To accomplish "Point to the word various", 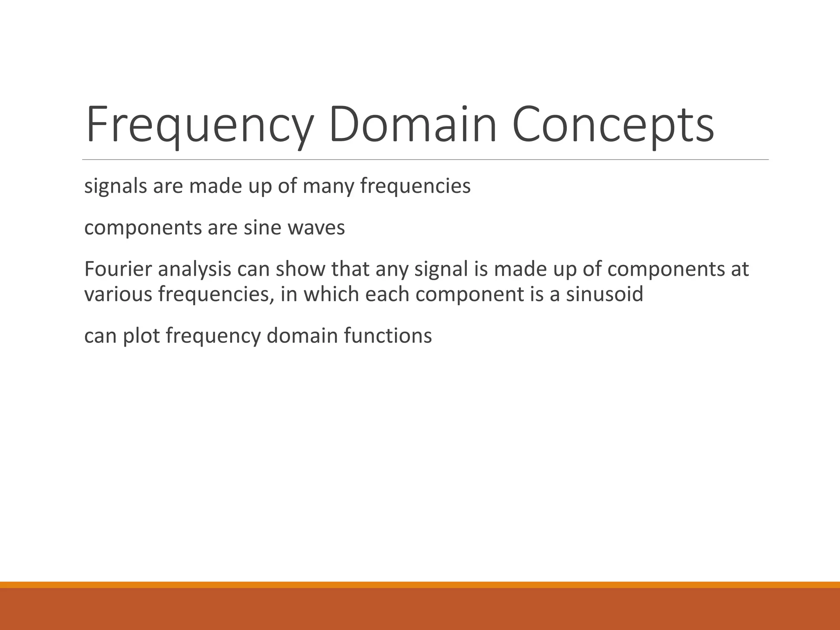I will (x=118, y=294).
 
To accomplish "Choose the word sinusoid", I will (x=605, y=294).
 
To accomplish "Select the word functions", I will (x=388, y=336).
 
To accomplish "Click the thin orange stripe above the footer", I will (x=420, y=584).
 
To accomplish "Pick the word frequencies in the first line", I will (x=415, y=187).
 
